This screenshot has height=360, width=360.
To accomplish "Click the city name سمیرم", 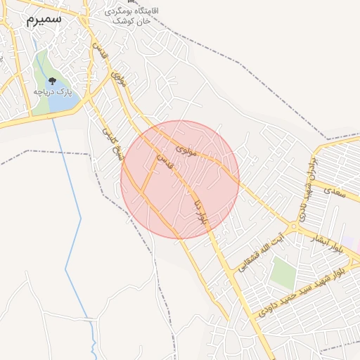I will tap(44, 19).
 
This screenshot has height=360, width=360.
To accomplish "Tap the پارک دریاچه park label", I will tap(53, 92).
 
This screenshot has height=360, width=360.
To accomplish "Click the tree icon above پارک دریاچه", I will tap(52, 79).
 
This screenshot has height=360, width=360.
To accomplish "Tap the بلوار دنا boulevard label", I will tap(201, 211).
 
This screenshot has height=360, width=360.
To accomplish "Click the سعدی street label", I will tap(337, 191).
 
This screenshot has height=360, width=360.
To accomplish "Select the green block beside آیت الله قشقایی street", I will tap(283, 272).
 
